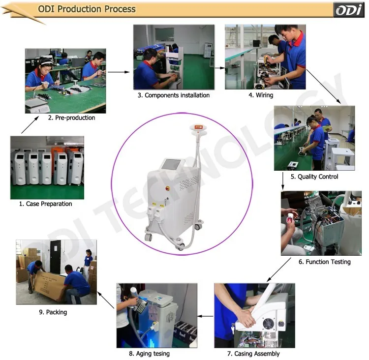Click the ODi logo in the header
point(348,10)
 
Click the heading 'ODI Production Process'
point(87,9)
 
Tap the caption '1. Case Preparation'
point(45,204)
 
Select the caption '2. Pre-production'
point(71,118)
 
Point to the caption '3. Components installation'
point(174,95)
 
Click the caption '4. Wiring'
point(261,95)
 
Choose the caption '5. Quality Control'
point(314,177)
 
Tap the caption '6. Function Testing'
point(325,262)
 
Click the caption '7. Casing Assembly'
point(253,354)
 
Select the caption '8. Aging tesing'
point(149,354)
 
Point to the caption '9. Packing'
point(53,312)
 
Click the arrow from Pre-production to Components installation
point(119,72)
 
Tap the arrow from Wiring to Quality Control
point(323,87)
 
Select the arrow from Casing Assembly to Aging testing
point(206,316)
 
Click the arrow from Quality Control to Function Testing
point(283,181)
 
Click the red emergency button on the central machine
point(168,188)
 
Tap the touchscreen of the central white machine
point(171,164)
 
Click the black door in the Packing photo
point(55,257)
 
